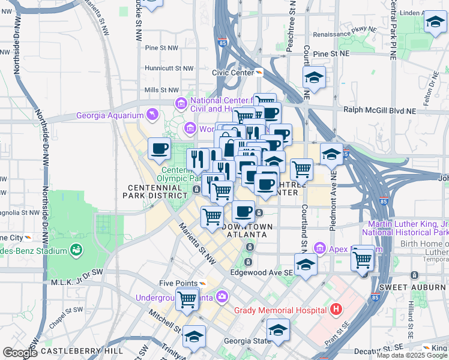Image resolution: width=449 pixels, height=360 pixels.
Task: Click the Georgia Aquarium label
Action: pyautogui.click(x=110, y=115)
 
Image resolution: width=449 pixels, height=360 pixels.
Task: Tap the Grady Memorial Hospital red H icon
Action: pyautogui.click(x=336, y=310)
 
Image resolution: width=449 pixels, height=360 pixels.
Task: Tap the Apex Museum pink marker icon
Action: pyautogui.click(x=320, y=248)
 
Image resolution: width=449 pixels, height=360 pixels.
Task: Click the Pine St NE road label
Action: pyautogui.click(x=331, y=54)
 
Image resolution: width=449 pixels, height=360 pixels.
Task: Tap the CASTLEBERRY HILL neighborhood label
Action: pyautogui.click(x=83, y=350)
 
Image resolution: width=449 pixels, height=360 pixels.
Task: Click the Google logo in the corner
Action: pyautogui.click(x=20, y=353)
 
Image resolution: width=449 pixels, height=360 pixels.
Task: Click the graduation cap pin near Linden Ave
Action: pyautogui.click(x=435, y=23)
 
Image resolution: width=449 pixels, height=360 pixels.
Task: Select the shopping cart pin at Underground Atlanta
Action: pyautogui.click(x=188, y=298)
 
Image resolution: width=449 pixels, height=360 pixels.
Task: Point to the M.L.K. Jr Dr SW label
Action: pyautogui.click(x=77, y=281)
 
